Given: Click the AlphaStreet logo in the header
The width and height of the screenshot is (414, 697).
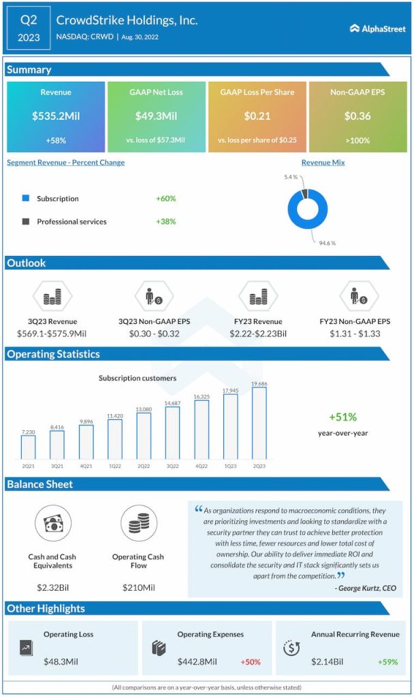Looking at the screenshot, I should [377, 29].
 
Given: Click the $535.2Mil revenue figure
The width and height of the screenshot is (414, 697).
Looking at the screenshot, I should [56, 116].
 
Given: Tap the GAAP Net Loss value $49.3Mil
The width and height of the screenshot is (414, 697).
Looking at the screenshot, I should [157, 116].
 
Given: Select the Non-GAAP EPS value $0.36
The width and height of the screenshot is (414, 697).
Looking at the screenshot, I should [357, 116].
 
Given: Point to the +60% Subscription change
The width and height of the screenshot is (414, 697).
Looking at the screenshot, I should [165, 199].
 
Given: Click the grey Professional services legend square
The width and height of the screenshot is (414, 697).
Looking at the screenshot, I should [26, 221].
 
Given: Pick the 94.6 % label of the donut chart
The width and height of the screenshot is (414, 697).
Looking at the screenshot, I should [326, 243].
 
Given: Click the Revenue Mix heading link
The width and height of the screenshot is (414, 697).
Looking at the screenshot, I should [323, 163].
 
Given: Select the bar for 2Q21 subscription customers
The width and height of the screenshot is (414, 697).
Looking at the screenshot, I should [28, 447].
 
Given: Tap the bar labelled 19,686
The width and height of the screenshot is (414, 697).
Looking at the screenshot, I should [259, 423].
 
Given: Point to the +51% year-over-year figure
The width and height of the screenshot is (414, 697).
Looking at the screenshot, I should [343, 417].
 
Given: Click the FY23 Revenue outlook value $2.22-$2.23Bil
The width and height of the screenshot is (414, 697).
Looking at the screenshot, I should [258, 334].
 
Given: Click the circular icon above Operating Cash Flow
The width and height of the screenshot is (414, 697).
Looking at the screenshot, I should [139, 523].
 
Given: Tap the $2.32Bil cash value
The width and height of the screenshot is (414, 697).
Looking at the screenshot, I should [52, 587].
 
